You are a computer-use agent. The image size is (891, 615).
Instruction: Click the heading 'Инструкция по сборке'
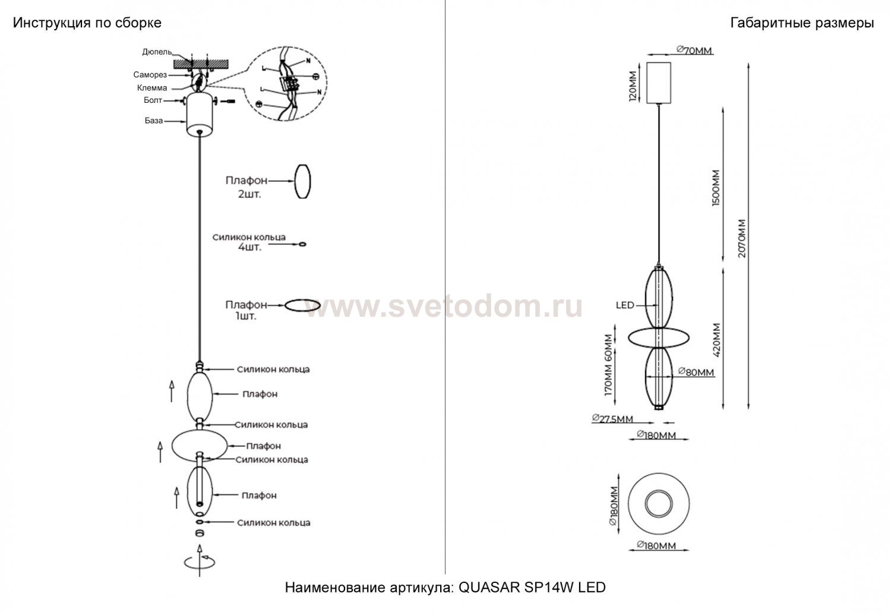click(x=87, y=23)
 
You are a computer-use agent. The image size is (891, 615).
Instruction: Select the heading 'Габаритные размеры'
click(x=802, y=23)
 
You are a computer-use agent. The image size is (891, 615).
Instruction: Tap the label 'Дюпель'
click(x=157, y=52)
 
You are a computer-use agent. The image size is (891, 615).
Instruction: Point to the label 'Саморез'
click(x=150, y=75)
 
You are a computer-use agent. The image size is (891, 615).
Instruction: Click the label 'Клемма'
click(x=152, y=88)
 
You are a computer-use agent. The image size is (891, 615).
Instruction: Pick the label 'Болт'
click(x=153, y=100)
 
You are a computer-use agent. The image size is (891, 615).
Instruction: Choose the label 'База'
click(x=153, y=121)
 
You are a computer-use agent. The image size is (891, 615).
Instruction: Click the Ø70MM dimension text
click(x=694, y=51)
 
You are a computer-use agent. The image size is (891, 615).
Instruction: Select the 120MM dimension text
click(x=633, y=86)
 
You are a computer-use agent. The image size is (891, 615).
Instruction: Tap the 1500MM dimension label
click(x=716, y=188)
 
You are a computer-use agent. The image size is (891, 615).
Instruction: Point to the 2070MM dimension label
click(x=742, y=239)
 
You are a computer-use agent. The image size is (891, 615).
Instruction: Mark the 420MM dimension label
click(x=716, y=340)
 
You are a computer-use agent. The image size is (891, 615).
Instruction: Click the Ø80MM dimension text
click(x=696, y=373)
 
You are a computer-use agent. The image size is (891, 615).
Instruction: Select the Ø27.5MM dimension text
click(x=612, y=419)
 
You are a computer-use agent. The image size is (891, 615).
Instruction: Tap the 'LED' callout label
click(x=625, y=305)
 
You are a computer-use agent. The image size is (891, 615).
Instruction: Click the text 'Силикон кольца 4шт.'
click(x=249, y=242)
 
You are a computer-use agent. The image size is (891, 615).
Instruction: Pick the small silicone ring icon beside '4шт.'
click(x=302, y=244)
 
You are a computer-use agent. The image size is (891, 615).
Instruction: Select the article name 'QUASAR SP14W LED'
click(x=532, y=588)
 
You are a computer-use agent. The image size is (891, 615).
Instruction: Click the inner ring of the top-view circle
click(x=659, y=491)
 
